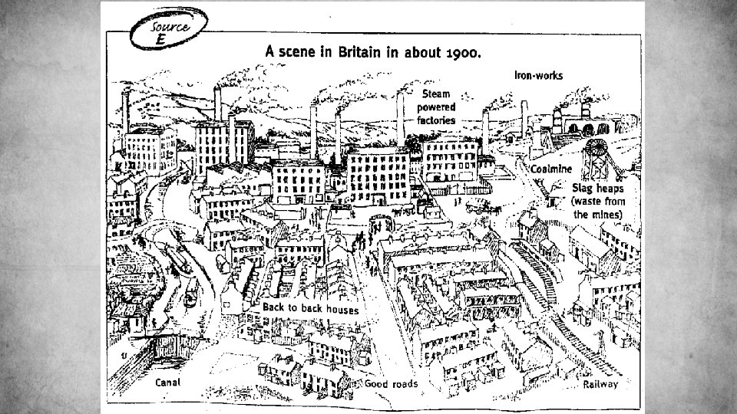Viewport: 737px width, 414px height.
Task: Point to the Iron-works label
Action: click(538, 75)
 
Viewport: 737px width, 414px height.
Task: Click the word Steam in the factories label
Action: click(436, 94)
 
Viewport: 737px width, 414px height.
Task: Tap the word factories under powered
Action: click(436, 120)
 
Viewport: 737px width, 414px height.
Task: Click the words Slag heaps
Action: click(598, 187)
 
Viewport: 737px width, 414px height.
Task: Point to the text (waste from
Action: click(599, 201)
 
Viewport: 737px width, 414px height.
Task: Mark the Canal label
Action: click(167, 382)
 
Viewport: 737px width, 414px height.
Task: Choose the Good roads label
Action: click(391, 383)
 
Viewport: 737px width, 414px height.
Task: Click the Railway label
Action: click(600, 384)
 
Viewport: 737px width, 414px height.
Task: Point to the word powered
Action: click(437, 107)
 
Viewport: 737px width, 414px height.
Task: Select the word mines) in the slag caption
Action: click(604, 214)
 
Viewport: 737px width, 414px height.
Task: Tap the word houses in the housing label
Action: click(341, 310)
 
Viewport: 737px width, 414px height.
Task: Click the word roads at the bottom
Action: click(404, 383)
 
